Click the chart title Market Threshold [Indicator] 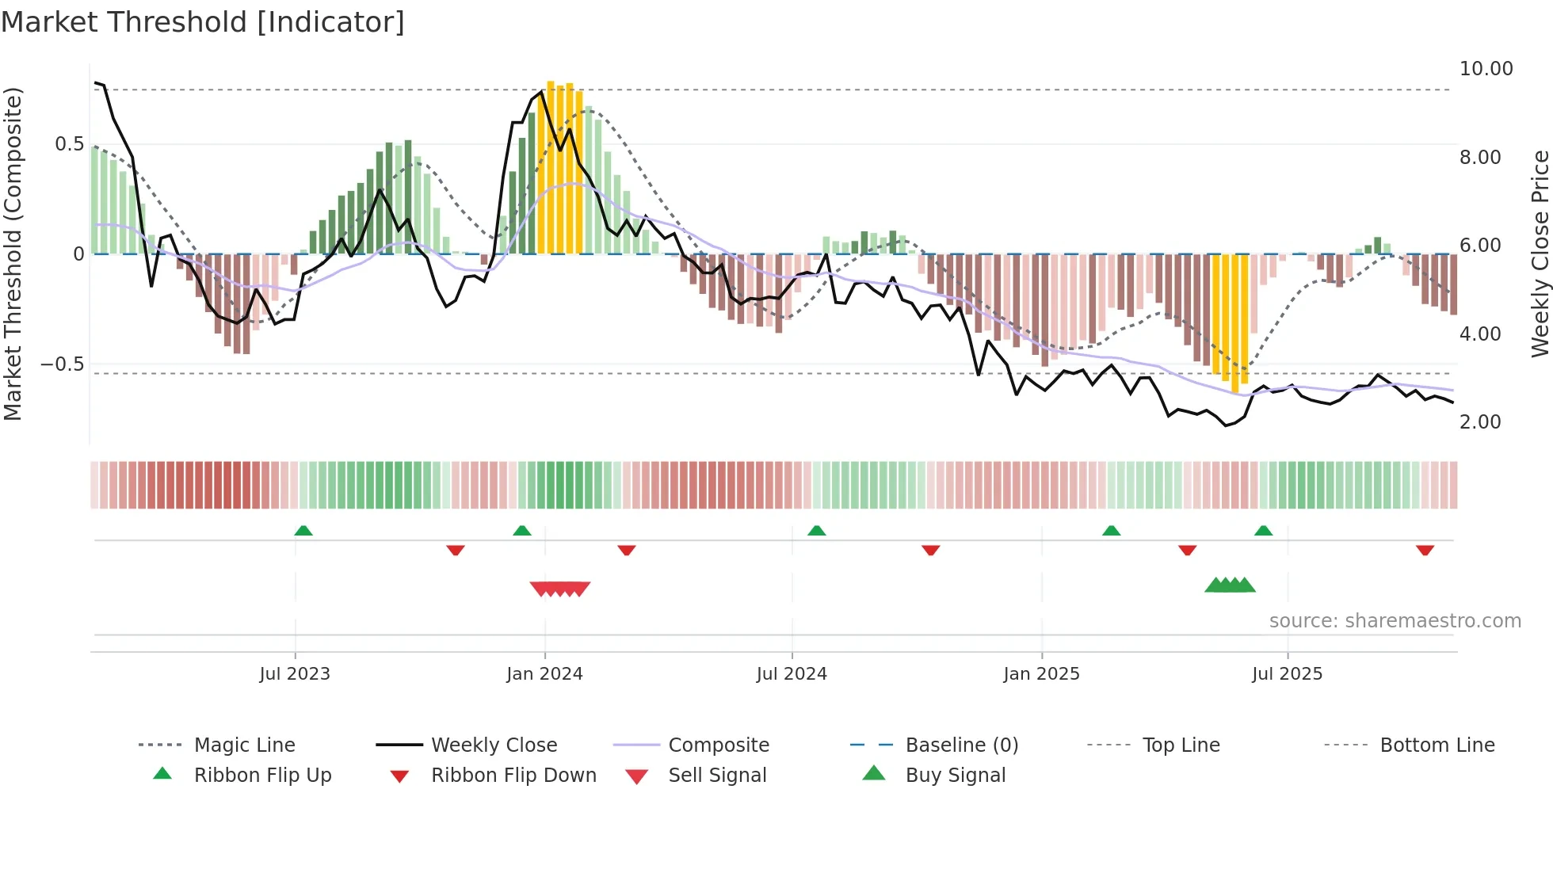tap(203, 22)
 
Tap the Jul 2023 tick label tap(294, 674)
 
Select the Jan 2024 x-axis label tap(544, 674)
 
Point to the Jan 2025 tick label tap(1041, 674)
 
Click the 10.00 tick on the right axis tap(1486, 69)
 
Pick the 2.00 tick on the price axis tap(1480, 422)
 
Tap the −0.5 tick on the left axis tap(62, 364)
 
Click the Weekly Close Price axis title tap(1540, 254)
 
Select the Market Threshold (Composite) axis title tap(13, 254)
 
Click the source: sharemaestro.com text tap(1395, 621)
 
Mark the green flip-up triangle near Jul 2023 tap(303, 531)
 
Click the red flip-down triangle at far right tap(1425, 550)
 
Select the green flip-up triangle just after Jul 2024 tap(816, 531)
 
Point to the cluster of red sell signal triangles tap(560, 589)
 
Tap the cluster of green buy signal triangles tap(1230, 585)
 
